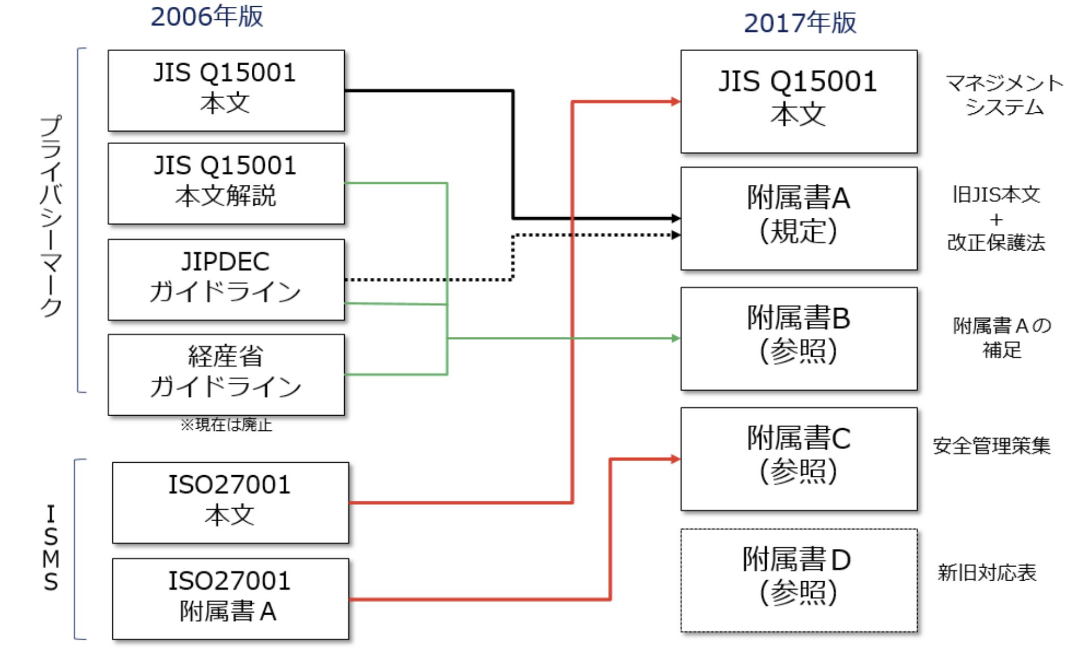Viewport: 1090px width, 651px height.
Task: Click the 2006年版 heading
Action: click(206, 16)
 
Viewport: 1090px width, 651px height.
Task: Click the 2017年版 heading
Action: click(800, 23)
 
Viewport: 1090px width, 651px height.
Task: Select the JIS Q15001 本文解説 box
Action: click(226, 183)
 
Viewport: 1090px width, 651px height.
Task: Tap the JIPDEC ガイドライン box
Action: click(226, 279)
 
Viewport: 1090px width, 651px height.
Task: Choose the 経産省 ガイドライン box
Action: click(226, 374)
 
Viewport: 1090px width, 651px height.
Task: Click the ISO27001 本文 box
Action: click(230, 502)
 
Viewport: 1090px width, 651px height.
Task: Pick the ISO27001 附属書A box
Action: click(230, 599)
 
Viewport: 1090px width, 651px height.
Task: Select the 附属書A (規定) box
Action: click(799, 218)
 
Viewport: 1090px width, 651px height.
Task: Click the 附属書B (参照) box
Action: click(799, 339)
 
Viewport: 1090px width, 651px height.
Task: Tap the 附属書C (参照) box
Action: click(799, 459)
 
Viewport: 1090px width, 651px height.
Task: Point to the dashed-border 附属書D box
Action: click(799, 580)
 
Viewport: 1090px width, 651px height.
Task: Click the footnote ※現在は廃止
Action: click(226, 425)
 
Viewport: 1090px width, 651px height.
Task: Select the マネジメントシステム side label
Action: click(1004, 95)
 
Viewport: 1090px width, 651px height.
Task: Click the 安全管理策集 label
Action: click(991, 446)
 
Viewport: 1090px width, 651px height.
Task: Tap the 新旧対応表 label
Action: click(987, 573)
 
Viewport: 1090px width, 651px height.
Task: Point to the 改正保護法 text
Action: click(996, 243)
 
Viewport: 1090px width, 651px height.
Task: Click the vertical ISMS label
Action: click(51, 548)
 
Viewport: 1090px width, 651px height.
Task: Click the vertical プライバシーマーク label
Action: click(51, 215)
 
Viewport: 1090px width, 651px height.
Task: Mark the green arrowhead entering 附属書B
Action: click(675, 339)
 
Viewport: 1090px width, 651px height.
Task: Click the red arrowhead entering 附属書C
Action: click(675, 459)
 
